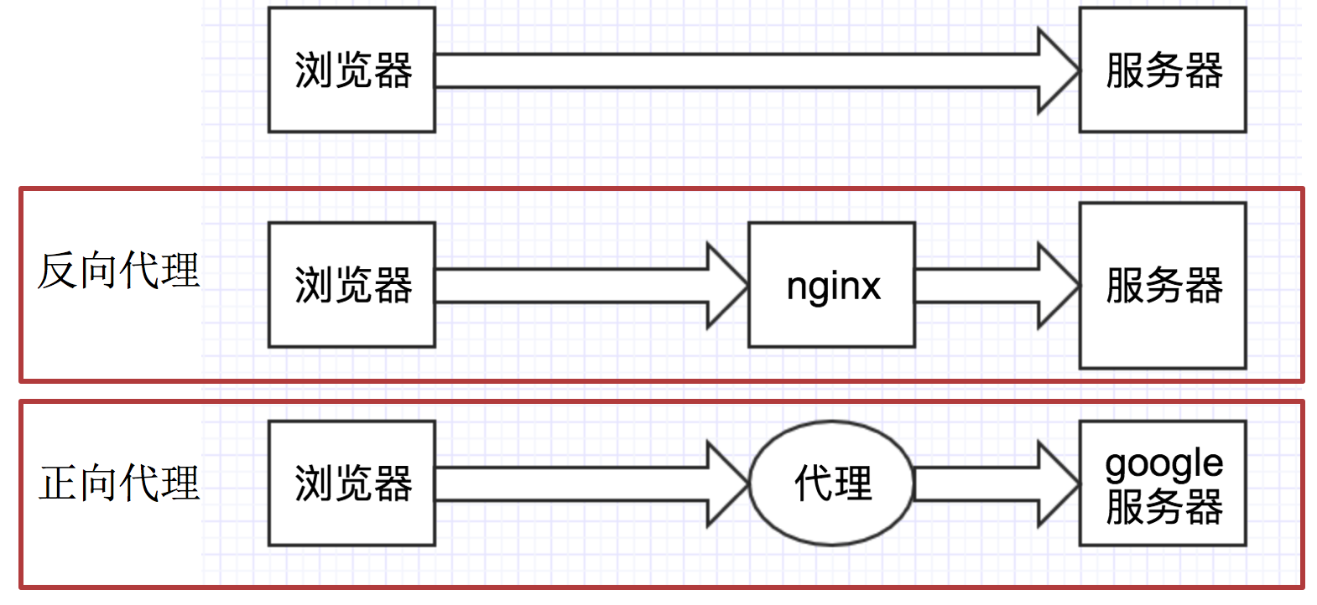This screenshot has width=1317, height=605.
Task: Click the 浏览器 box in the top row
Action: [x=351, y=70]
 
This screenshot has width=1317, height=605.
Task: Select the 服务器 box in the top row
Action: [x=1162, y=70]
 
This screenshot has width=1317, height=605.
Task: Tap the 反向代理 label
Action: [x=118, y=271]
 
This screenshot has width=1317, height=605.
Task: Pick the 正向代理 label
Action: [x=118, y=483]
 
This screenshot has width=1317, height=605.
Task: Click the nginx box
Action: [x=831, y=285]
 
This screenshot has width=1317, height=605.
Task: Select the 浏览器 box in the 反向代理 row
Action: [x=351, y=285]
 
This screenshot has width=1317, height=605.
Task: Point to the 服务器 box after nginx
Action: [x=1162, y=285]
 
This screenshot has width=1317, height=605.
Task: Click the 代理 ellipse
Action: [x=831, y=483]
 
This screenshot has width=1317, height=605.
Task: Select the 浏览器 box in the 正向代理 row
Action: [x=351, y=483]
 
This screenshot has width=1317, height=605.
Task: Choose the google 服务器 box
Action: [x=1162, y=483]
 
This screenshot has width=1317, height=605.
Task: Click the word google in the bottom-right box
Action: [x=1163, y=463]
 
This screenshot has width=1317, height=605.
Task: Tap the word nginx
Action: [x=833, y=287]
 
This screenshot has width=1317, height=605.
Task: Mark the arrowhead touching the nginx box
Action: [x=726, y=285]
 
